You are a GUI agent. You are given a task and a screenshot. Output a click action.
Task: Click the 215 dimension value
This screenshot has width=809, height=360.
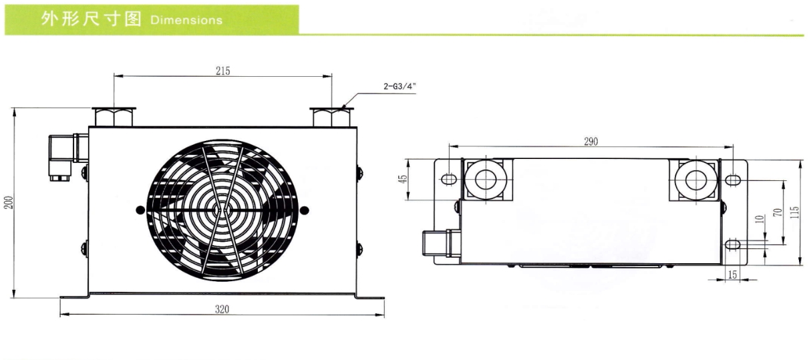tap(223, 71)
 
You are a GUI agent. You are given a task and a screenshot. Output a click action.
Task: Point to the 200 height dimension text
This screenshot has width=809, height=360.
tap(9, 202)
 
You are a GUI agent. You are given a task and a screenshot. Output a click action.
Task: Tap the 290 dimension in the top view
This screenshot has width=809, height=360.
tap(591, 141)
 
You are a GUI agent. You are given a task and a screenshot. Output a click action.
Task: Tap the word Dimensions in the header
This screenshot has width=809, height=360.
tap(186, 19)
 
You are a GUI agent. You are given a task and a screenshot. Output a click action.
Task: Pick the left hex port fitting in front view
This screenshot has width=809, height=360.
tap(114, 117)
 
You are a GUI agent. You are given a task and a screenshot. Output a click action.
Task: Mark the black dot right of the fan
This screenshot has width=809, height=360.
tap(305, 210)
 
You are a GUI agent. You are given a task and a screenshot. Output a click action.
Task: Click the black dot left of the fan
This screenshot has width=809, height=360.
tap(139, 210)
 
